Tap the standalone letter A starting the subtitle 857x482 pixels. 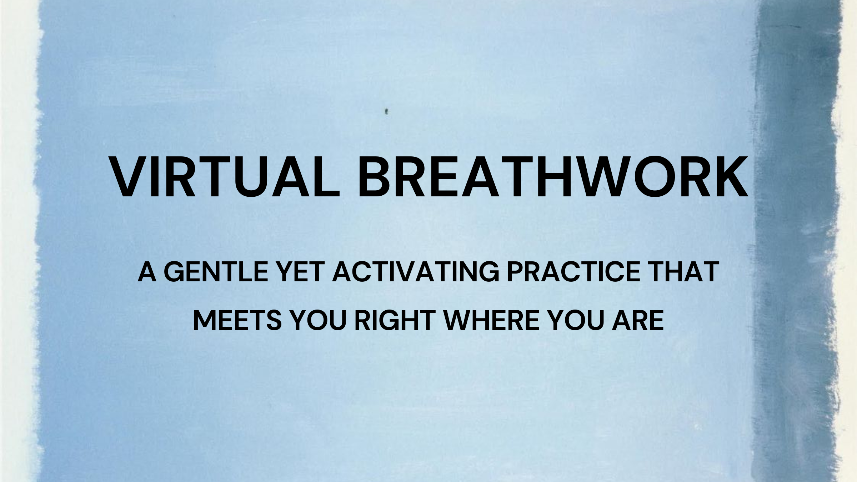tap(147, 272)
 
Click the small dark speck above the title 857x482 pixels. tap(386, 112)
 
